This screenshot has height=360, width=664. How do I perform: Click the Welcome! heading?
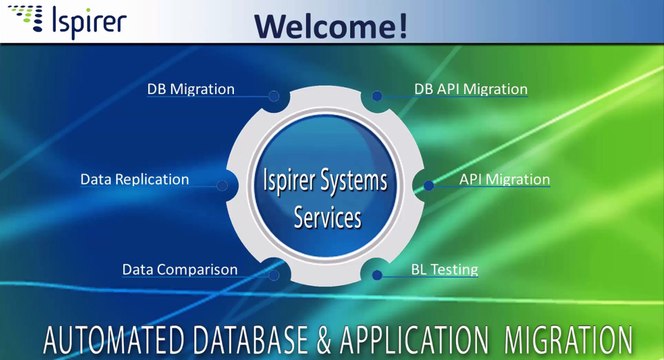(330, 23)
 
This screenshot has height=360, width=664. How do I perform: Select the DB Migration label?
(191, 89)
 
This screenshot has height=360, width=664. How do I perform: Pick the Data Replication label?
(134, 180)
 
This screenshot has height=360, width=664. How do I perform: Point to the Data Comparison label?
(180, 270)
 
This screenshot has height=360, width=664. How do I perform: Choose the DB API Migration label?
(470, 89)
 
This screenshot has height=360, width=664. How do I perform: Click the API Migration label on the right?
(504, 180)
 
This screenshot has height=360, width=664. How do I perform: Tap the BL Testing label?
(445, 270)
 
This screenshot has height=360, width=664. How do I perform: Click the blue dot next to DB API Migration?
(377, 97)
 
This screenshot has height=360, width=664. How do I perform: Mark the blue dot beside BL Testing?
(377, 274)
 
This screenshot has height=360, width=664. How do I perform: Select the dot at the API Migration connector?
(429, 185)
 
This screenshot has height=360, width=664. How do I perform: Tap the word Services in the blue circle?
(327, 216)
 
